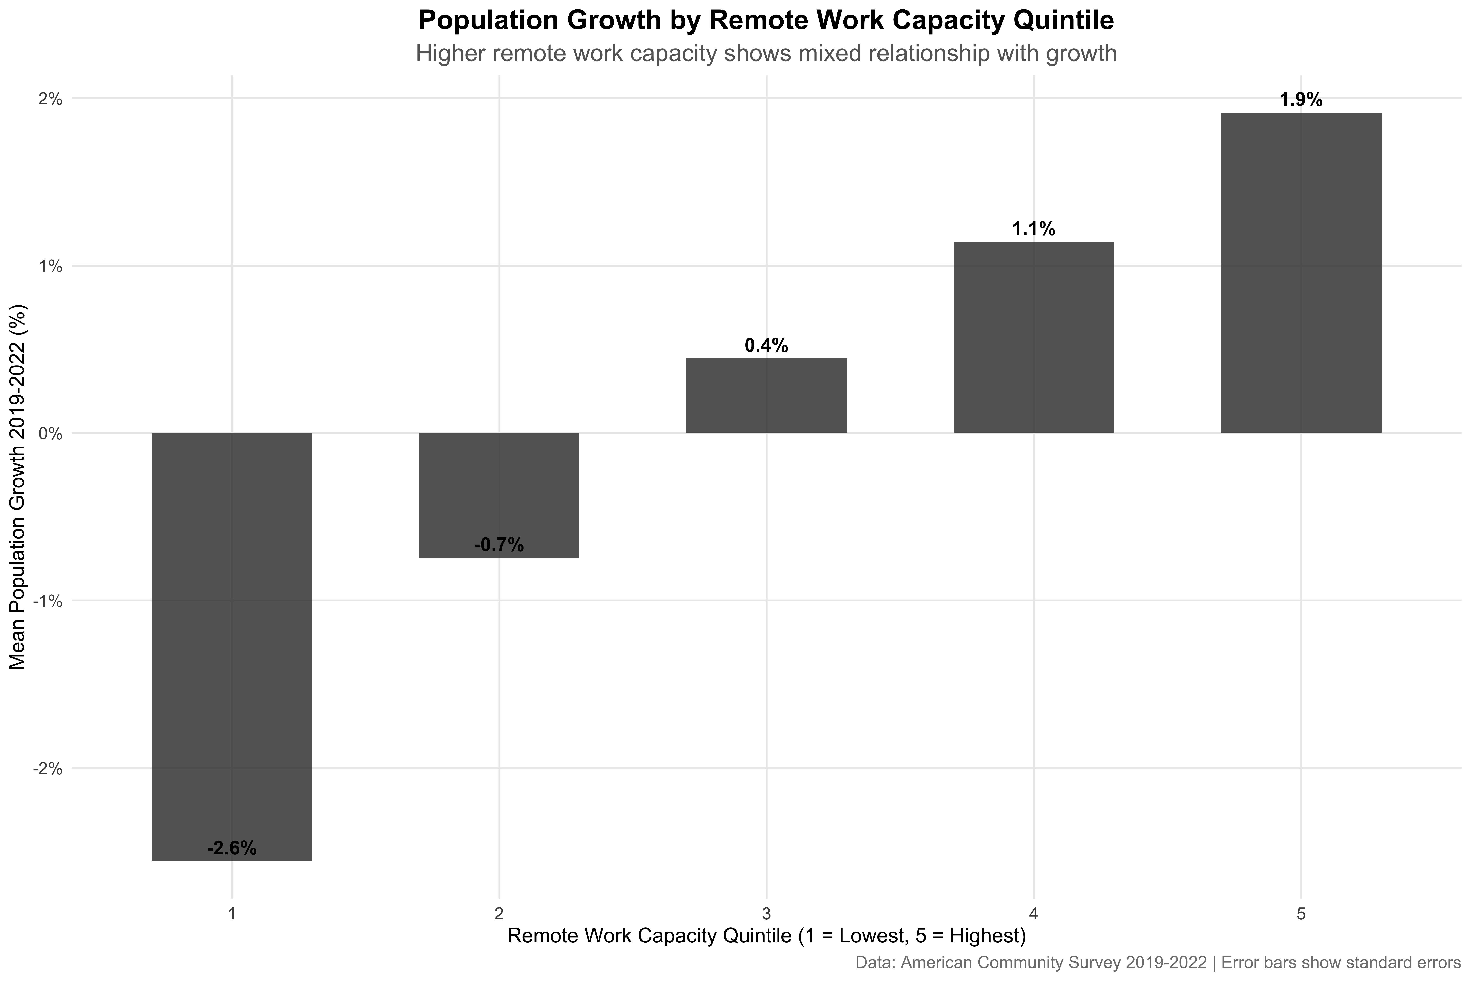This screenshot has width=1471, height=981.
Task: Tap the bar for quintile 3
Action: [766, 395]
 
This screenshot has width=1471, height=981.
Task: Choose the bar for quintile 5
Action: [1301, 273]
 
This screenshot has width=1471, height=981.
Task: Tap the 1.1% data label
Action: [1033, 229]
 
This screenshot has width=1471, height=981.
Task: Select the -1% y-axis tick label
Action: [47, 601]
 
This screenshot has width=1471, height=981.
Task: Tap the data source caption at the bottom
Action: [1157, 962]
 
